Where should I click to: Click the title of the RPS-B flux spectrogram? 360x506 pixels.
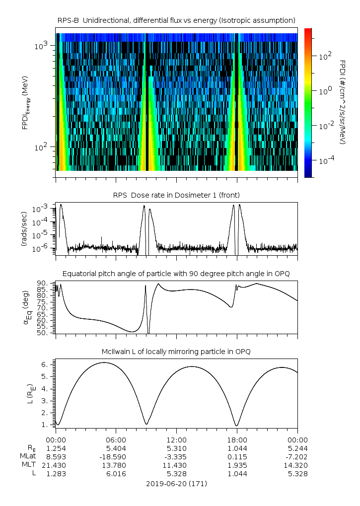176,20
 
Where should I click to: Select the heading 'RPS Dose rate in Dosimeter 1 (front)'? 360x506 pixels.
176,194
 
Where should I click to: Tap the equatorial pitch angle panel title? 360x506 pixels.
176,274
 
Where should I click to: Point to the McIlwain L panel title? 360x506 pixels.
176,352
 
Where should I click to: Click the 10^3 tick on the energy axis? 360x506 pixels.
41,46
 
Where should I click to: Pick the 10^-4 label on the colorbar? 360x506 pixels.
326,161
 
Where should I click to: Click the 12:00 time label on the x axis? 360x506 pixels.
176,440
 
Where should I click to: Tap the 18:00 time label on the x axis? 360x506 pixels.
237,440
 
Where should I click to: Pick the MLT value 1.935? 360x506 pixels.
237,465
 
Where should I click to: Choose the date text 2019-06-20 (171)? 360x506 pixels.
176,483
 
